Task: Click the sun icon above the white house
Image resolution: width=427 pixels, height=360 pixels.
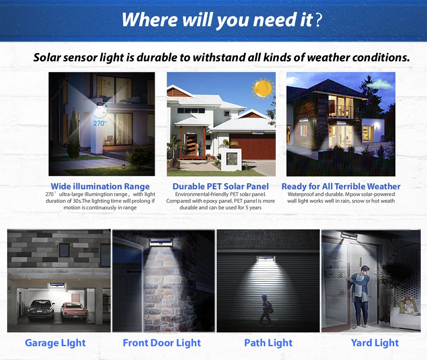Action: tap(262, 88)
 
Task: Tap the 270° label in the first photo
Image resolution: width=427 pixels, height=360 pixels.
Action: tap(100, 123)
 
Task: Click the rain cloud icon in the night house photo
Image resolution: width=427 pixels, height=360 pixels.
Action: tap(379, 84)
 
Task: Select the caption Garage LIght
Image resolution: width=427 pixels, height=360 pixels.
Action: tap(55, 343)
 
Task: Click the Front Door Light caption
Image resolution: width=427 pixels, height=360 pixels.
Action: tap(162, 343)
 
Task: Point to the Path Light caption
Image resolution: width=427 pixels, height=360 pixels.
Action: tap(268, 343)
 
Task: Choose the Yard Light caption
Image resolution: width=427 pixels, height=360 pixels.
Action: tap(375, 343)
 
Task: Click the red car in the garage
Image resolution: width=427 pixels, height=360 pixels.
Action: tap(75, 312)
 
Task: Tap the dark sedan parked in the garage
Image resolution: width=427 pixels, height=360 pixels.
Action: tap(41, 311)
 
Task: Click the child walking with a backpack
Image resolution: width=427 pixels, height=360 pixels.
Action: tap(265, 310)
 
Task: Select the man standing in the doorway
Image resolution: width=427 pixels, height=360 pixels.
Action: tap(359, 295)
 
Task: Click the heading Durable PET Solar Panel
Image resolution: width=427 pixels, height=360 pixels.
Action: tap(221, 186)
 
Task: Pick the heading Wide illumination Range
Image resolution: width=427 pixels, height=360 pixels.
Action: tap(100, 186)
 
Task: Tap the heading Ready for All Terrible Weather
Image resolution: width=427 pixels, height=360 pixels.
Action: tap(341, 186)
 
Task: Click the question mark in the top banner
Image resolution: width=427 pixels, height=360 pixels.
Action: tap(318, 20)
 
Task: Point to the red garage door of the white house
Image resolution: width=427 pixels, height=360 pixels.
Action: tap(252, 146)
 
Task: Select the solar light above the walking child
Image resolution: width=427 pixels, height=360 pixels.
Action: tap(266, 258)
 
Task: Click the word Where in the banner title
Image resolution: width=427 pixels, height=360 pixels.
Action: tap(150, 20)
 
